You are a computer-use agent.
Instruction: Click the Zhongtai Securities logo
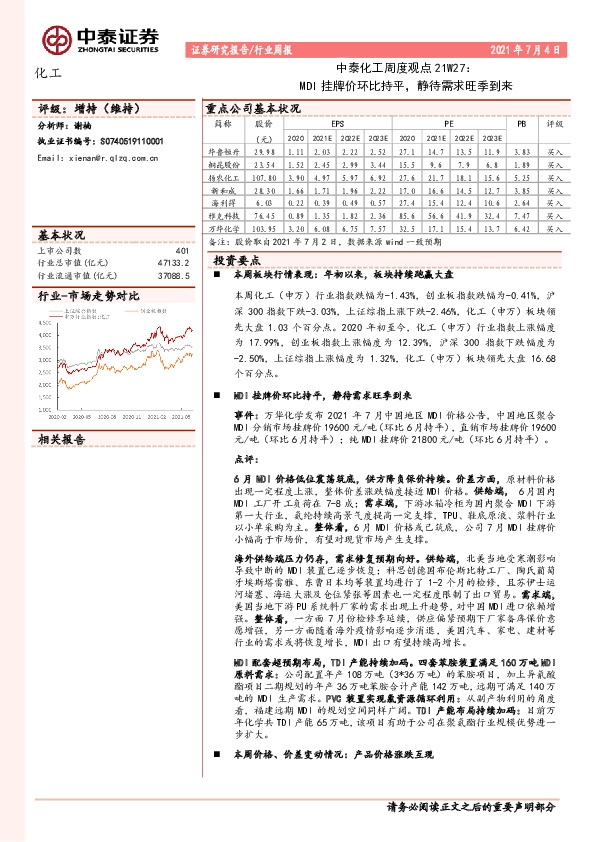[100, 38]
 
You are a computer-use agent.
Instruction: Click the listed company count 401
[181, 251]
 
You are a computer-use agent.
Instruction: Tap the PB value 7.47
[519, 215]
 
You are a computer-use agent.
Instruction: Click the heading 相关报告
[61, 439]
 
